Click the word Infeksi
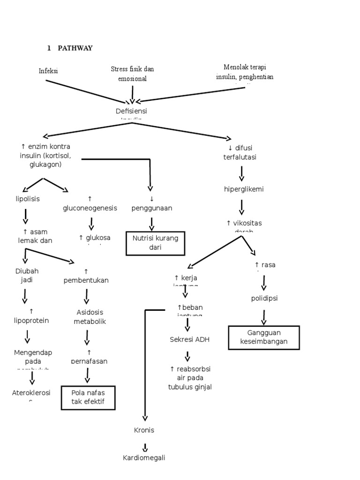click(48, 71)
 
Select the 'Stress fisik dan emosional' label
click(132, 74)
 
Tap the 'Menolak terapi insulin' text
click(245, 72)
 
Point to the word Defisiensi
click(131, 111)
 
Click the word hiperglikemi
click(244, 189)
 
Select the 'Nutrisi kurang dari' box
click(155, 243)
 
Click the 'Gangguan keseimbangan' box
click(263, 337)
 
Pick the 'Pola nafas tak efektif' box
click(88, 397)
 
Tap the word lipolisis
click(28, 199)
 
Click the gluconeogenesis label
click(90, 208)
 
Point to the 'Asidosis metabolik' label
click(90, 317)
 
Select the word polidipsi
click(264, 299)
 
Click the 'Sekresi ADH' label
click(189, 339)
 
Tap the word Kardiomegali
click(144, 458)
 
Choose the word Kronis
click(144, 430)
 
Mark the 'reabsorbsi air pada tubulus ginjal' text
click(190, 378)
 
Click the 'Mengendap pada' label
click(33, 357)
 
